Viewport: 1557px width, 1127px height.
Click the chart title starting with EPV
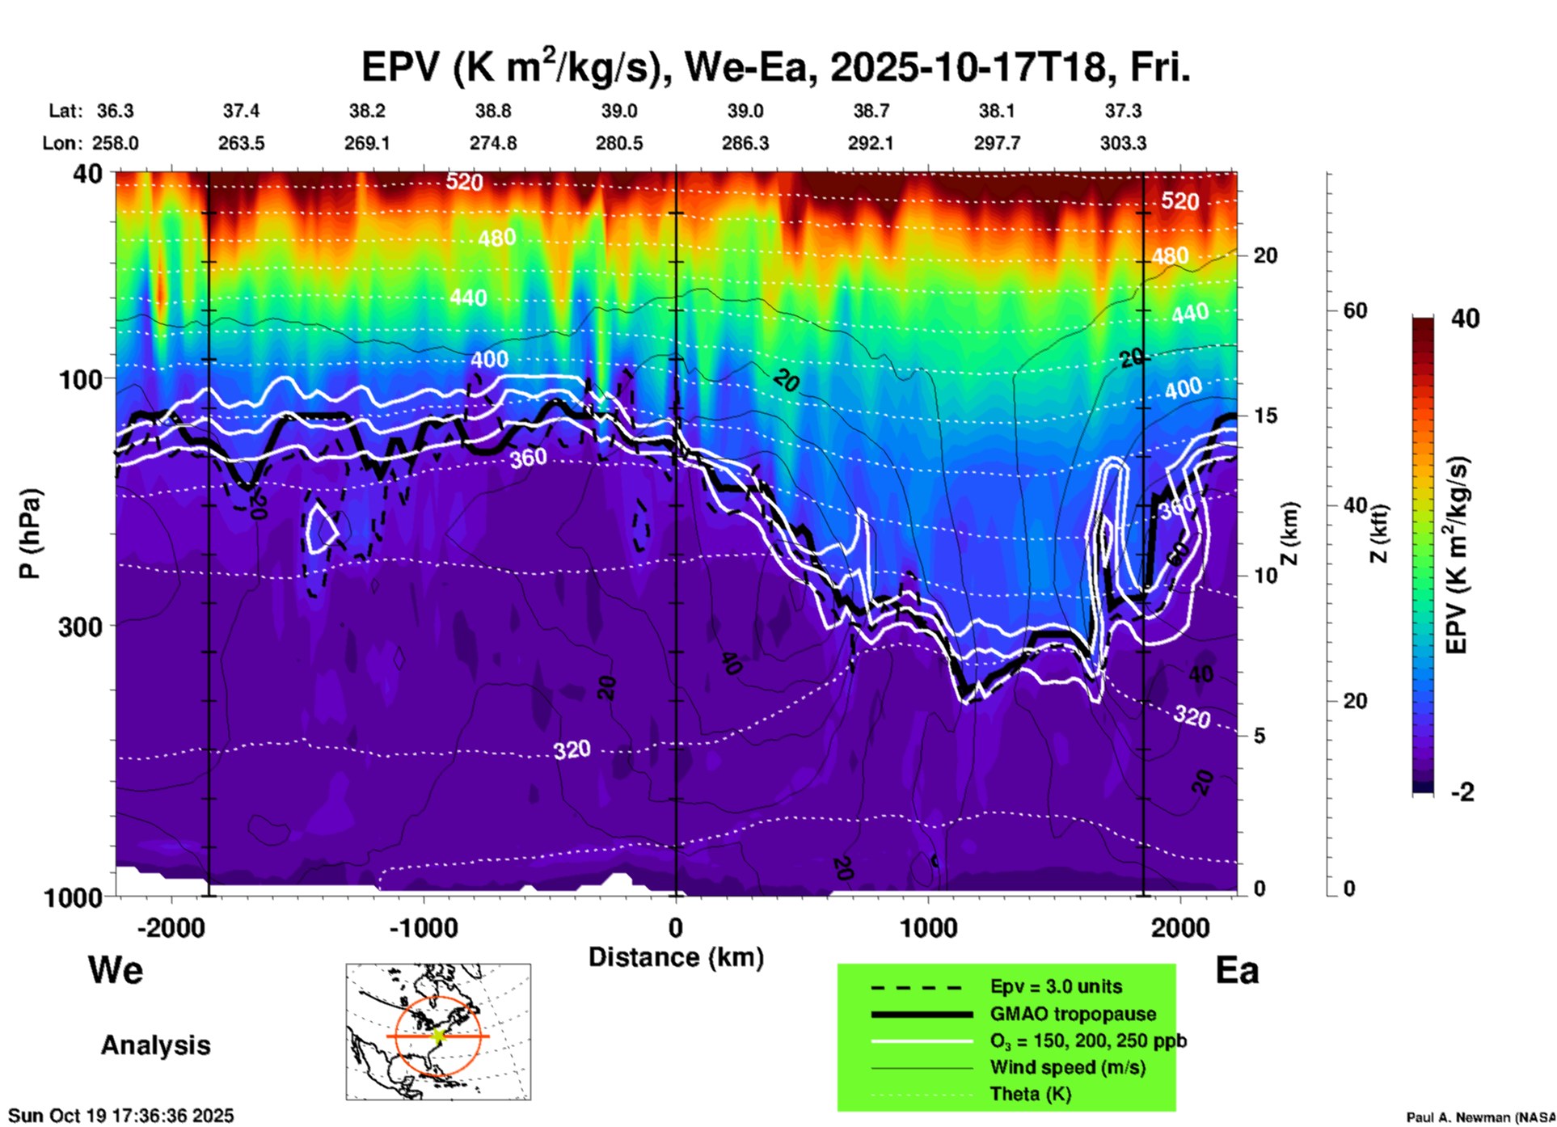774,67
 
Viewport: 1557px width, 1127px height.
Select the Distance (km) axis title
676,957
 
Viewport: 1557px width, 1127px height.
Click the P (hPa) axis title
30,534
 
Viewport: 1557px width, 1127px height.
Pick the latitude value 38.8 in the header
493,111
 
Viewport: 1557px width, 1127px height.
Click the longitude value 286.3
745,143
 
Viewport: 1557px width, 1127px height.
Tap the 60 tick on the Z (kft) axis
1355,310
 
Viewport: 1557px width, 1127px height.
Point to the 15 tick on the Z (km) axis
1265,416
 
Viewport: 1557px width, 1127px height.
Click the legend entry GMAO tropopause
1073,1014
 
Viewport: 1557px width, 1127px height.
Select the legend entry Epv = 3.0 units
1056,986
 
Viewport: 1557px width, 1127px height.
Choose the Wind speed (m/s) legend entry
1067,1067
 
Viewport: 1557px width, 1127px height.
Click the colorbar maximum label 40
1465,319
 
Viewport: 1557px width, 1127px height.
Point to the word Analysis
155,1045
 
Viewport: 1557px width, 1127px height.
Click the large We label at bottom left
116,969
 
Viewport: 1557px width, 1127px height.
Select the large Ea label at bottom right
1237,970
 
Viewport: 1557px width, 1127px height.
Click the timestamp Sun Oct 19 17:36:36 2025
121,1116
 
